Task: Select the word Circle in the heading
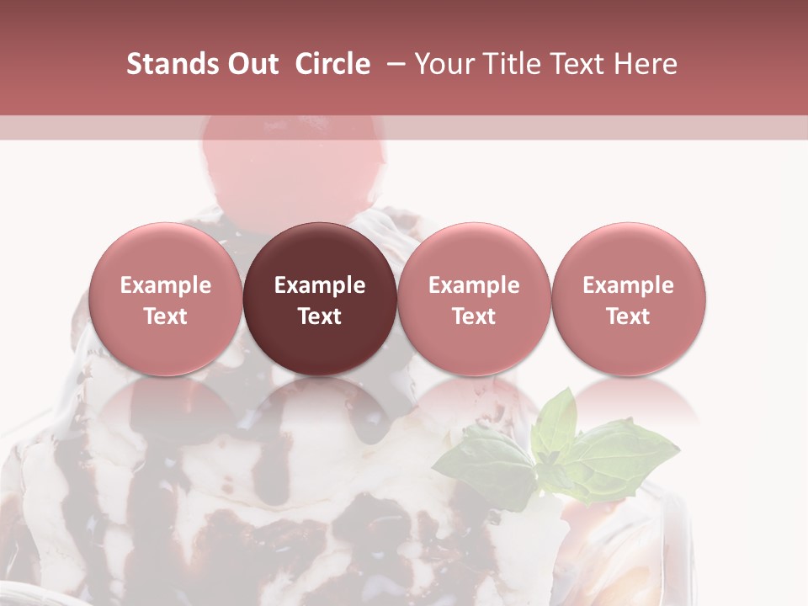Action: click(332, 65)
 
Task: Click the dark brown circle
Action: click(320, 299)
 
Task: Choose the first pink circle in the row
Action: click(166, 299)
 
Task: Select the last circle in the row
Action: click(629, 299)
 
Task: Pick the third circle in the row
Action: click(474, 299)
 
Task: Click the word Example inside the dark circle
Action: click(320, 285)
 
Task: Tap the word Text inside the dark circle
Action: click(320, 316)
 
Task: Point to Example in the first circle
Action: click(166, 285)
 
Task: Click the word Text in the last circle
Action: click(629, 316)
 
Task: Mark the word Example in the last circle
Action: click(629, 285)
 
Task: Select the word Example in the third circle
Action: click(474, 285)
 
